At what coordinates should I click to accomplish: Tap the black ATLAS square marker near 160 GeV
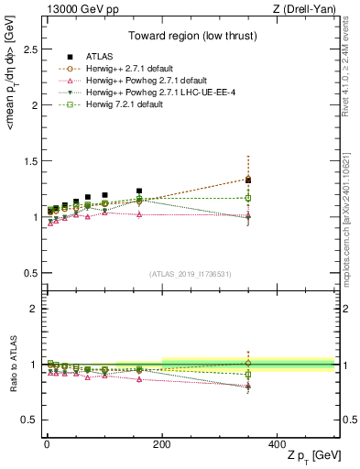coord(139,191)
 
